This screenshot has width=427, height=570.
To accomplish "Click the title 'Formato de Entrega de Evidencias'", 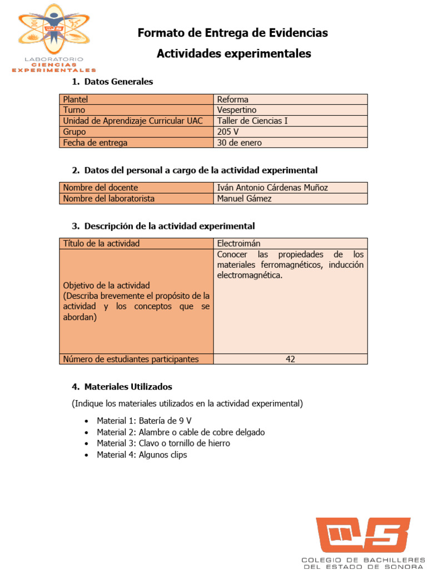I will click(232, 33).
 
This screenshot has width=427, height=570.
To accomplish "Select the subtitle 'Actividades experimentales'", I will click(234, 53).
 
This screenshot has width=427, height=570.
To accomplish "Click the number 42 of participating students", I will click(290, 359).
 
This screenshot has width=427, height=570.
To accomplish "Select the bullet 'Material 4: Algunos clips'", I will click(142, 455).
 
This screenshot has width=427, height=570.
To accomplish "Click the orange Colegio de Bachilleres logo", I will click(363, 535).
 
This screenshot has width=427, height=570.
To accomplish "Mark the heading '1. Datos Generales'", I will click(112, 82).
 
